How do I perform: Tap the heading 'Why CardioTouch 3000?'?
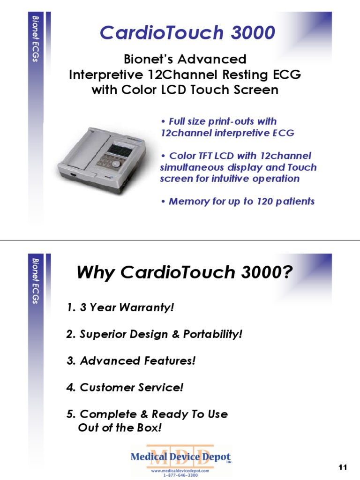point(185,272)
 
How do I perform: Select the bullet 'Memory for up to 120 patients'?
point(237,202)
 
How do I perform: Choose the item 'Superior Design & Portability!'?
point(154,335)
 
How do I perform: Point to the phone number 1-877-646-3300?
point(180,475)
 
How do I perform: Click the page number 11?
point(342,467)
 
